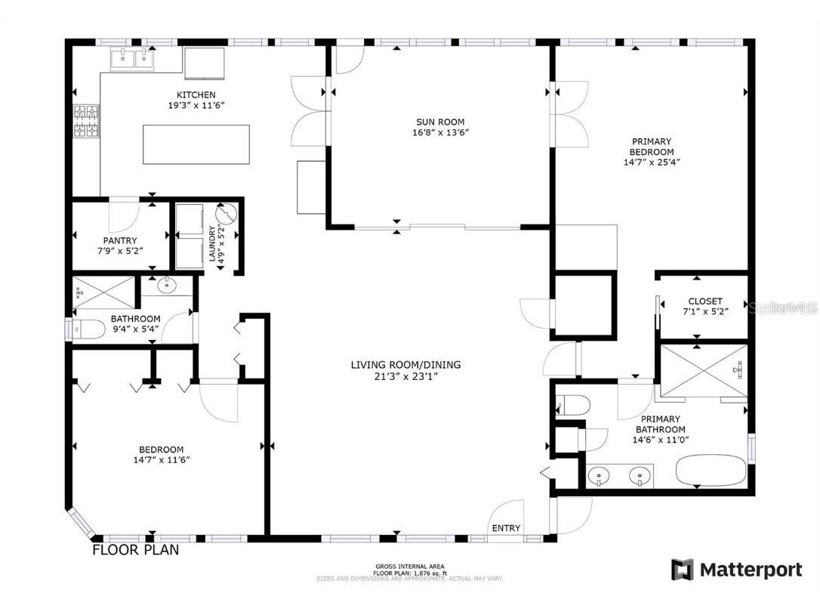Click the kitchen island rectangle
[196, 144]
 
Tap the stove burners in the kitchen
[86, 122]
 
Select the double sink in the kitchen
[133, 59]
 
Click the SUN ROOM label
[440, 122]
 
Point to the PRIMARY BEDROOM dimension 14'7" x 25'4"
[642, 161]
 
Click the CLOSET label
[704, 301]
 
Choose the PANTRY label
[120, 240]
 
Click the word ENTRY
[505, 528]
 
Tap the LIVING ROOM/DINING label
[405, 365]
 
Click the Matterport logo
[737, 570]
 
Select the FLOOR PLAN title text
[136, 550]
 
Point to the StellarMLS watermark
[786, 308]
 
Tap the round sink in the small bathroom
[166, 287]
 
